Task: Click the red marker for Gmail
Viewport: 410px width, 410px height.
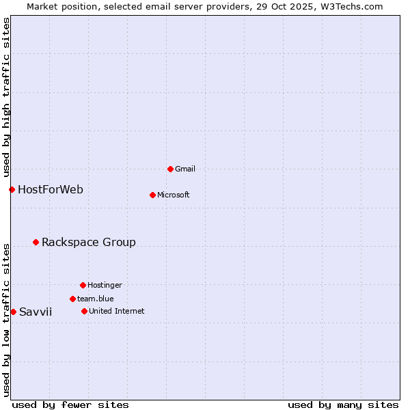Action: (x=170, y=169)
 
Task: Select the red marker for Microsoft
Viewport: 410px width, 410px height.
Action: (x=152, y=195)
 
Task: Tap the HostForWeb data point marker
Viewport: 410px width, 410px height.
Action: (x=12, y=189)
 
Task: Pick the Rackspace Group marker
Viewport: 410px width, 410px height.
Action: (x=36, y=242)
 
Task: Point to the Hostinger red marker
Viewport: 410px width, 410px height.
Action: (x=83, y=285)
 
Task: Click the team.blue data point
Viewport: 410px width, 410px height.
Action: (x=72, y=299)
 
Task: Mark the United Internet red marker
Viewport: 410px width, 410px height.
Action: (x=84, y=311)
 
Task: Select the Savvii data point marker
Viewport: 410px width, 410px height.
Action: (x=13, y=312)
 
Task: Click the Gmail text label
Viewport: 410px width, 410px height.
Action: (x=185, y=169)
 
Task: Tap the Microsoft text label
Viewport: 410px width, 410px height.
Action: (x=174, y=195)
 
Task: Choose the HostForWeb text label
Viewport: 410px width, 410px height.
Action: (x=51, y=189)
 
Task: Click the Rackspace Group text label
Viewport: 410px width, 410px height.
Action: (x=89, y=242)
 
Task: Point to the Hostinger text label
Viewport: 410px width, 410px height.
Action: (x=105, y=285)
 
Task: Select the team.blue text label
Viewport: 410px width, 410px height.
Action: (x=96, y=299)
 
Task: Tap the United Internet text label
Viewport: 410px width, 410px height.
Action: (x=117, y=311)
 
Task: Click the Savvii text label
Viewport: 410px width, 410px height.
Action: (x=36, y=312)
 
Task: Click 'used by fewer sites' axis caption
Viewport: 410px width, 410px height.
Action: (x=70, y=405)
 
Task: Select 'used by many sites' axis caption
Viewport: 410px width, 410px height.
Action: (x=343, y=405)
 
